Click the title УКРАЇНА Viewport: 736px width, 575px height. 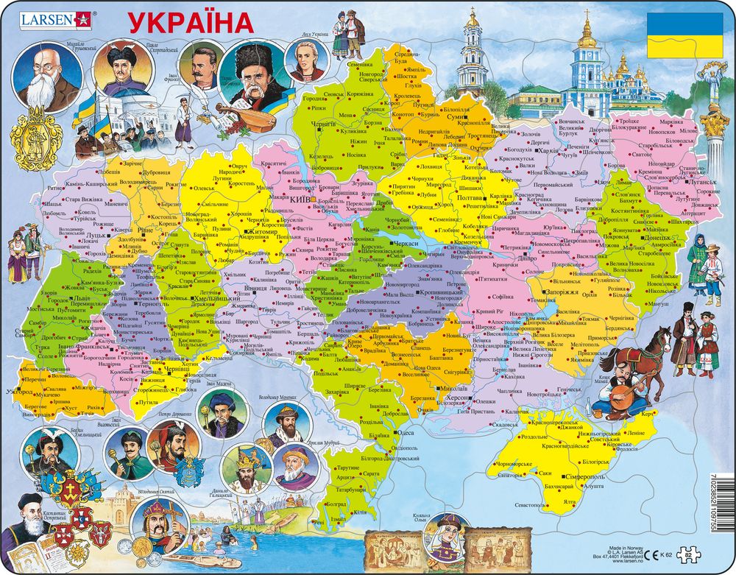pos(192,22)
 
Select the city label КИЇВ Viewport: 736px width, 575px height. pos(299,200)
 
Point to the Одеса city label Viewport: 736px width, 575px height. pos(407,433)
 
